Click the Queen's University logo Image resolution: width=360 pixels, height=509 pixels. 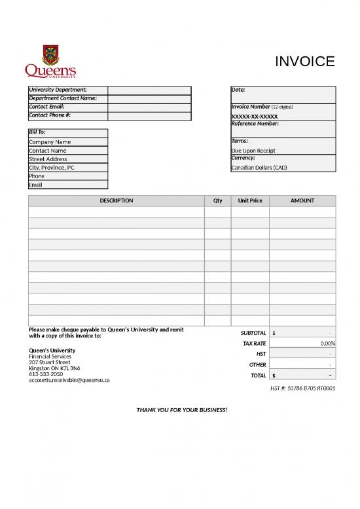pyautogui.click(x=50, y=62)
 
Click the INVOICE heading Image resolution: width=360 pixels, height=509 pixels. pyautogui.click(x=304, y=62)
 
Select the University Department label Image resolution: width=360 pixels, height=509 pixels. pyautogui.click(x=58, y=90)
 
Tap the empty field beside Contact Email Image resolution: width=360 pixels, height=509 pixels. pyautogui.click(x=149, y=107)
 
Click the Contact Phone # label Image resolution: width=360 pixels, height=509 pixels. pyautogui.click(x=50, y=115)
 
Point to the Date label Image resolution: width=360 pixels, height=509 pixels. pyautogui.click(x=238, y=90)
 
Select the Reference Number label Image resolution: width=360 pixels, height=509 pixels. pyautogui.click(x=255, y=124)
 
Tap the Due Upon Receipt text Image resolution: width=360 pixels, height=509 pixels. pyautogui.click(x=253, y=151)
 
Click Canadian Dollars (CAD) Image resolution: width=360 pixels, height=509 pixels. pyautogui.click(x=259, y=168)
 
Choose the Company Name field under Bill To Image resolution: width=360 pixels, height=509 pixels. pyautogui.click(x=50, y=142)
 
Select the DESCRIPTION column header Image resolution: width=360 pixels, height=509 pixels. pyautogui.click(x=117, y=200)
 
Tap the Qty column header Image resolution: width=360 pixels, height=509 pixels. pyautogui.click(x=217, y=200)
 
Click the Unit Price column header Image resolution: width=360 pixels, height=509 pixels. pyautogui.click(x=250, y=200)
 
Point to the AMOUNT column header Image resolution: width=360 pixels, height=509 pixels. pyautogui.click(x=302, y=200)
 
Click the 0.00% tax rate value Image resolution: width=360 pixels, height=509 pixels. pyautogui.click(x=327, y=343)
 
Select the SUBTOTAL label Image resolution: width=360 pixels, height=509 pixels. pyautogui.click(x=253, y=333)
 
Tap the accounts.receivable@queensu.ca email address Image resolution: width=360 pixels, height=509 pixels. pyautogui.click(x=69, y=380)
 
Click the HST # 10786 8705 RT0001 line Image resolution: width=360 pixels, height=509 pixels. pyautogui.click(x=302, y=388)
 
